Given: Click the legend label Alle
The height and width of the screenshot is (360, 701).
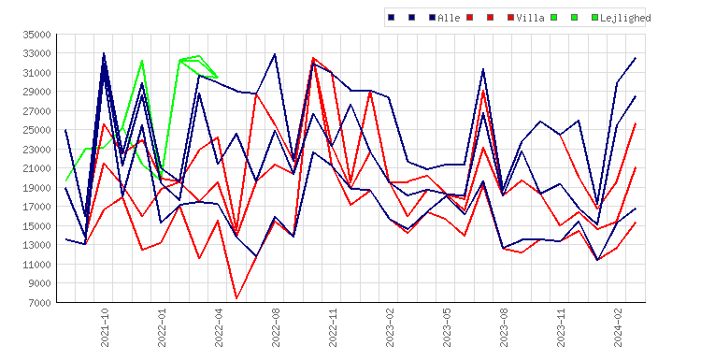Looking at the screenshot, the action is pyautogui.click(x=449, y=18).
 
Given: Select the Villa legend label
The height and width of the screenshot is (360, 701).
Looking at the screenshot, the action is pyautogui.click(x=530, y=18).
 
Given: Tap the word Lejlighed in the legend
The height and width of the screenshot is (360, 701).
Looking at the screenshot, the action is pyautogui.click(x=625, y=18).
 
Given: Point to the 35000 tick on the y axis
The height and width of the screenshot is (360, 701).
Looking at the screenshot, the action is pyautogui.click(x=37, y=35).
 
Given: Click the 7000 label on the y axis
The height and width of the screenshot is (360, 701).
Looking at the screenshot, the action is pyautogui.click(x=40, y=303).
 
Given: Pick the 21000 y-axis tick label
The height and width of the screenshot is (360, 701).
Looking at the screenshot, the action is pyautogui.click(x=37, y=168).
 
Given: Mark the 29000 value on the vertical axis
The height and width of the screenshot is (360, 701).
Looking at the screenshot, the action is pyautogui.click(x=37, y=93).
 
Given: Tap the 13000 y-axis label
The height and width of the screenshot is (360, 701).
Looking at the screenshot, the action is pyautogui.click(x=37, y=245).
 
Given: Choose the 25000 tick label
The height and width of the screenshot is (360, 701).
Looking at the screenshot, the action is pyautogui.click(x=37, y=130).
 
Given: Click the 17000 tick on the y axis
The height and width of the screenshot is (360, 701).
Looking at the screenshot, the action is pyautogui.click(x=37, y=207).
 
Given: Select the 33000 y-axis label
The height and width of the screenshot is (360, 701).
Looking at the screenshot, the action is pyautogui.click(x=37, y=53).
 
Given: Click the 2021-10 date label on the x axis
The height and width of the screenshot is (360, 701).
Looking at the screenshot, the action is pyautogui.click(x=105, y=327).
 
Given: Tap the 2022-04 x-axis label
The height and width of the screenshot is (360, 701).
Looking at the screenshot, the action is pyautogui.click(x=219, y=327).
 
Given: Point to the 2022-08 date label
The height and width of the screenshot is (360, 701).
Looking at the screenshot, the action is pyautogui.click(x=276, y=327).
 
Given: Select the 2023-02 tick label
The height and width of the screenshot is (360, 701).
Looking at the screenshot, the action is pyautogui.click(x=390, y=327).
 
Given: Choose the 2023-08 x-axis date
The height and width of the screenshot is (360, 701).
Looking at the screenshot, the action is pyautogui.click(x=504, y=327).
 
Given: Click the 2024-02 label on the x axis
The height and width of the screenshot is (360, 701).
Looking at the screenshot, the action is pyautogui.click(x=618, y=327).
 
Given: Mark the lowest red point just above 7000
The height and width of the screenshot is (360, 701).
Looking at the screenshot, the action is pyautogui.click(x=237, y=298).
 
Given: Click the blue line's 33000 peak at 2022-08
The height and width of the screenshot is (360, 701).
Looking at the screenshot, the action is pyautogui.click(x=275, y=54).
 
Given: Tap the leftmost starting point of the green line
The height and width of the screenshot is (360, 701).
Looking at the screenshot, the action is pyautogui.click(x=66, y=180).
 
